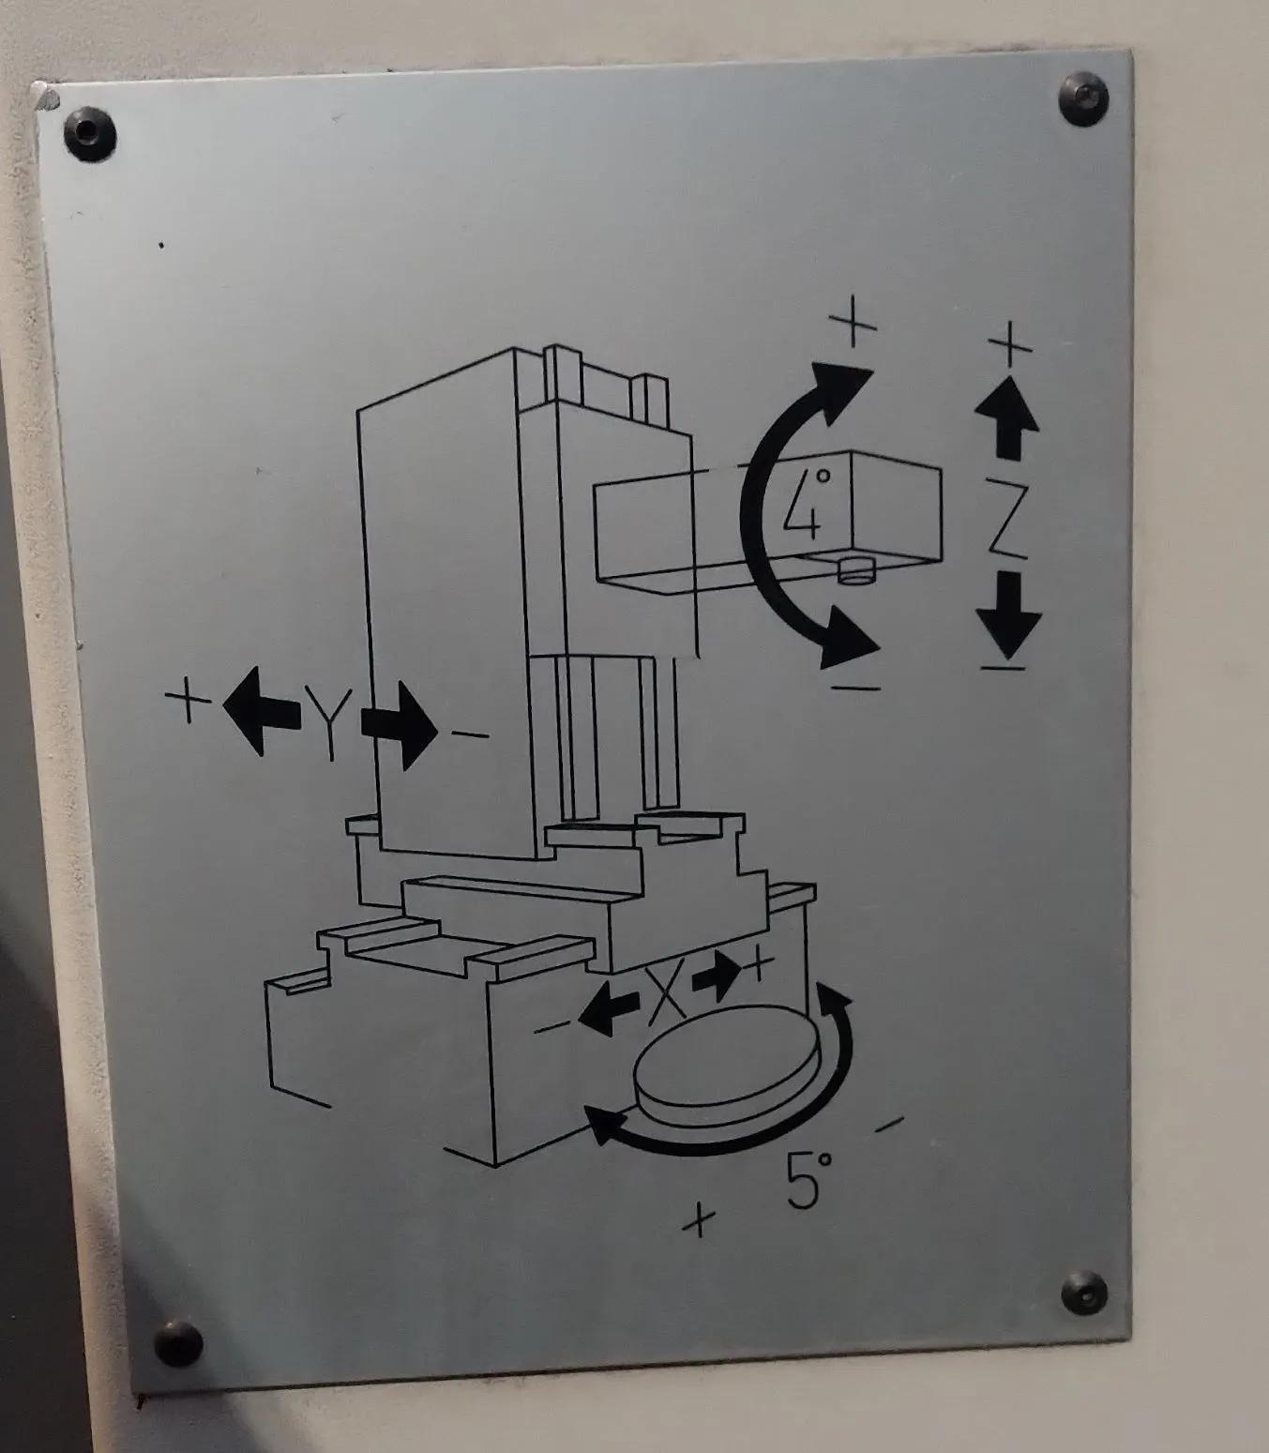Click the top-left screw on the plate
click(x=90, y=133)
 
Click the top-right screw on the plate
click(x=1083, y=98)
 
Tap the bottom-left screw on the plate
click(x=178, y=1343)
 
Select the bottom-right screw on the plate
click(x=1084, y=1292)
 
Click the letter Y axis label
click(x=329, y=721)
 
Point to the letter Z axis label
click(x=1007, y=519)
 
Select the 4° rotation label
click(x=807, y=505)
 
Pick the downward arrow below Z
click(x=1009, y=614)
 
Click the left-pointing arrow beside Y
click(x=262, y=711)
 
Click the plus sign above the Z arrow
click(x=1010, y=343)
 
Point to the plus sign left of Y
click(x=188, y=699)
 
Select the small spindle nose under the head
click(x=856, y=569)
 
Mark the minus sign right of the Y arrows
click(x=470, y=734)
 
